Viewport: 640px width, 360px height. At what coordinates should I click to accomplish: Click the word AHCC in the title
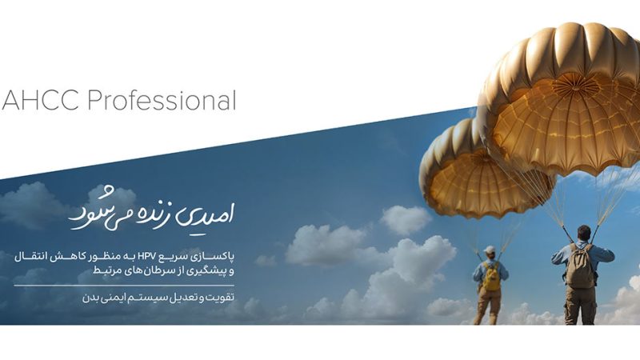[40, 101]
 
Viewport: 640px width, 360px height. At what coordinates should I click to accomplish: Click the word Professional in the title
[162, 101]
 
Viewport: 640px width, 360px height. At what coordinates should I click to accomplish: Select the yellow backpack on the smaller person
[491, 276]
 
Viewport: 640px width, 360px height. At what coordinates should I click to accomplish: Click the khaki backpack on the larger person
[579, 266]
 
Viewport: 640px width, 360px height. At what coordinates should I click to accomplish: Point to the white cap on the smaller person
[489, 250]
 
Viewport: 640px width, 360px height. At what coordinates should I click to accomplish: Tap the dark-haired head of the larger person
[584, 233]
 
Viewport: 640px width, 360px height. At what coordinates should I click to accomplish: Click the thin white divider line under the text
[124, 286]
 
